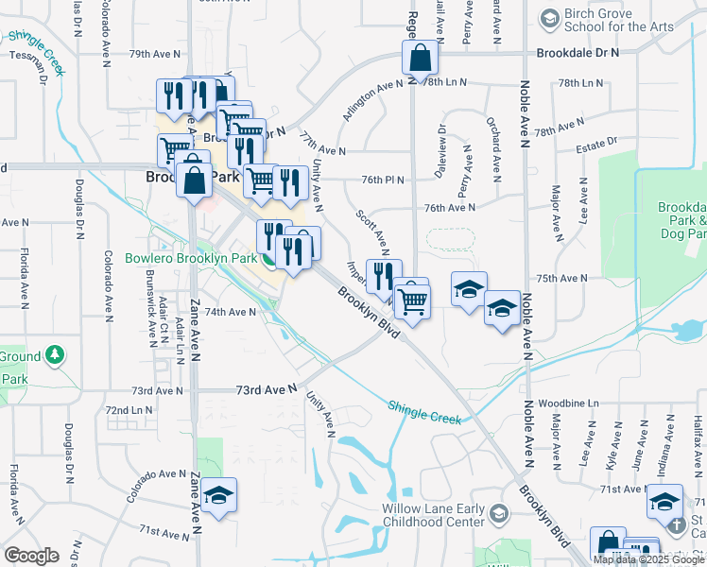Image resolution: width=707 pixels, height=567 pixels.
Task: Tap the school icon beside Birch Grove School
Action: coord(549,19)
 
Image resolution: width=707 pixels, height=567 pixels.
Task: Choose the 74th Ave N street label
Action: coord(231,312)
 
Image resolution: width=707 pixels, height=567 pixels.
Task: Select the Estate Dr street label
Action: coord(597,142)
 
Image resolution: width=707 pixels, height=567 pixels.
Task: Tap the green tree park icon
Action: coord(56,356)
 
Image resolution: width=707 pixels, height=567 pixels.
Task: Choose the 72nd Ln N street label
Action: coord(129,411)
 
